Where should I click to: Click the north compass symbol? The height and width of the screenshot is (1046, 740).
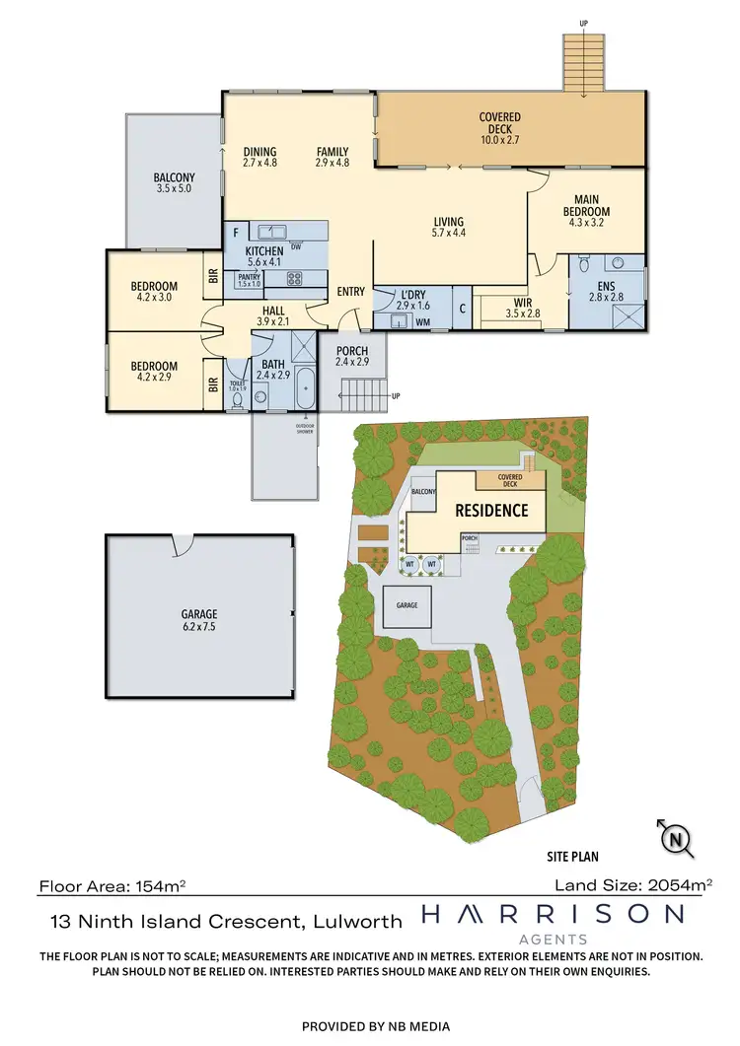tap(675, 839)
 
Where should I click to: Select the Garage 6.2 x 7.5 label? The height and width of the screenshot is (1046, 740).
tap(199, 619)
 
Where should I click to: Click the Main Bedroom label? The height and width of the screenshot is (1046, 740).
tap(586, 205)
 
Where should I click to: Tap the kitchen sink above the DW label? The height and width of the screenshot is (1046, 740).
tap(271, 232)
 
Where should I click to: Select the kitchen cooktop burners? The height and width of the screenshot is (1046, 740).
tap(295, 279)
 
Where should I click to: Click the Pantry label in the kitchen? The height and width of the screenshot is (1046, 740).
tap(249, 281)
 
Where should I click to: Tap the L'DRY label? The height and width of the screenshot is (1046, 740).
tap(410, 300)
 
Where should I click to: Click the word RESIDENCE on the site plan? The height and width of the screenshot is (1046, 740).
tap(490, 511)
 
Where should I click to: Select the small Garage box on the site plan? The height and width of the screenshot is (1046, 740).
tap(407, 605)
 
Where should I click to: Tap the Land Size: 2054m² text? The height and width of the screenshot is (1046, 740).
tap(640, 885)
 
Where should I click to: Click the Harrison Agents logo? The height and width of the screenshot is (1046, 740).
tap(553, 923)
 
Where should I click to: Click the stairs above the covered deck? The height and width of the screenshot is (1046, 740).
tap(582, 63)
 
